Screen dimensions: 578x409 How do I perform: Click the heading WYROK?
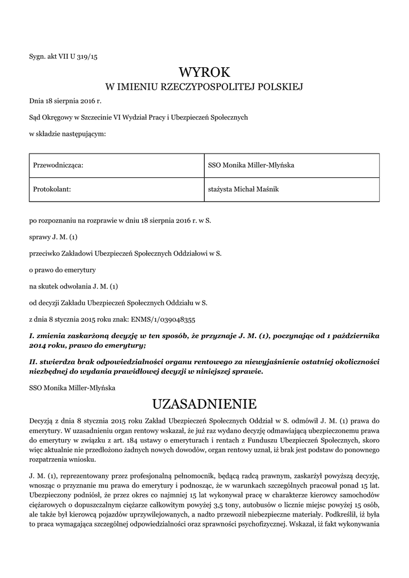(x=204, y=72)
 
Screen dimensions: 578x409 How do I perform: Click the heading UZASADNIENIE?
(x=204, y=404)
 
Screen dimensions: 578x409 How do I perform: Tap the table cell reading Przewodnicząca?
(x=59, y=165)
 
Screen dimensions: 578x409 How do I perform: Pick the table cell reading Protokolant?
(x=52, y=190)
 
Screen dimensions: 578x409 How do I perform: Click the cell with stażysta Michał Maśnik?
(x=244, y=190)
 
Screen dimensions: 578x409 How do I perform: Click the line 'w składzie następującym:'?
(x=67, y=134)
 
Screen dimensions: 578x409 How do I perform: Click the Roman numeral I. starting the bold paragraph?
(x=32, y=335)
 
